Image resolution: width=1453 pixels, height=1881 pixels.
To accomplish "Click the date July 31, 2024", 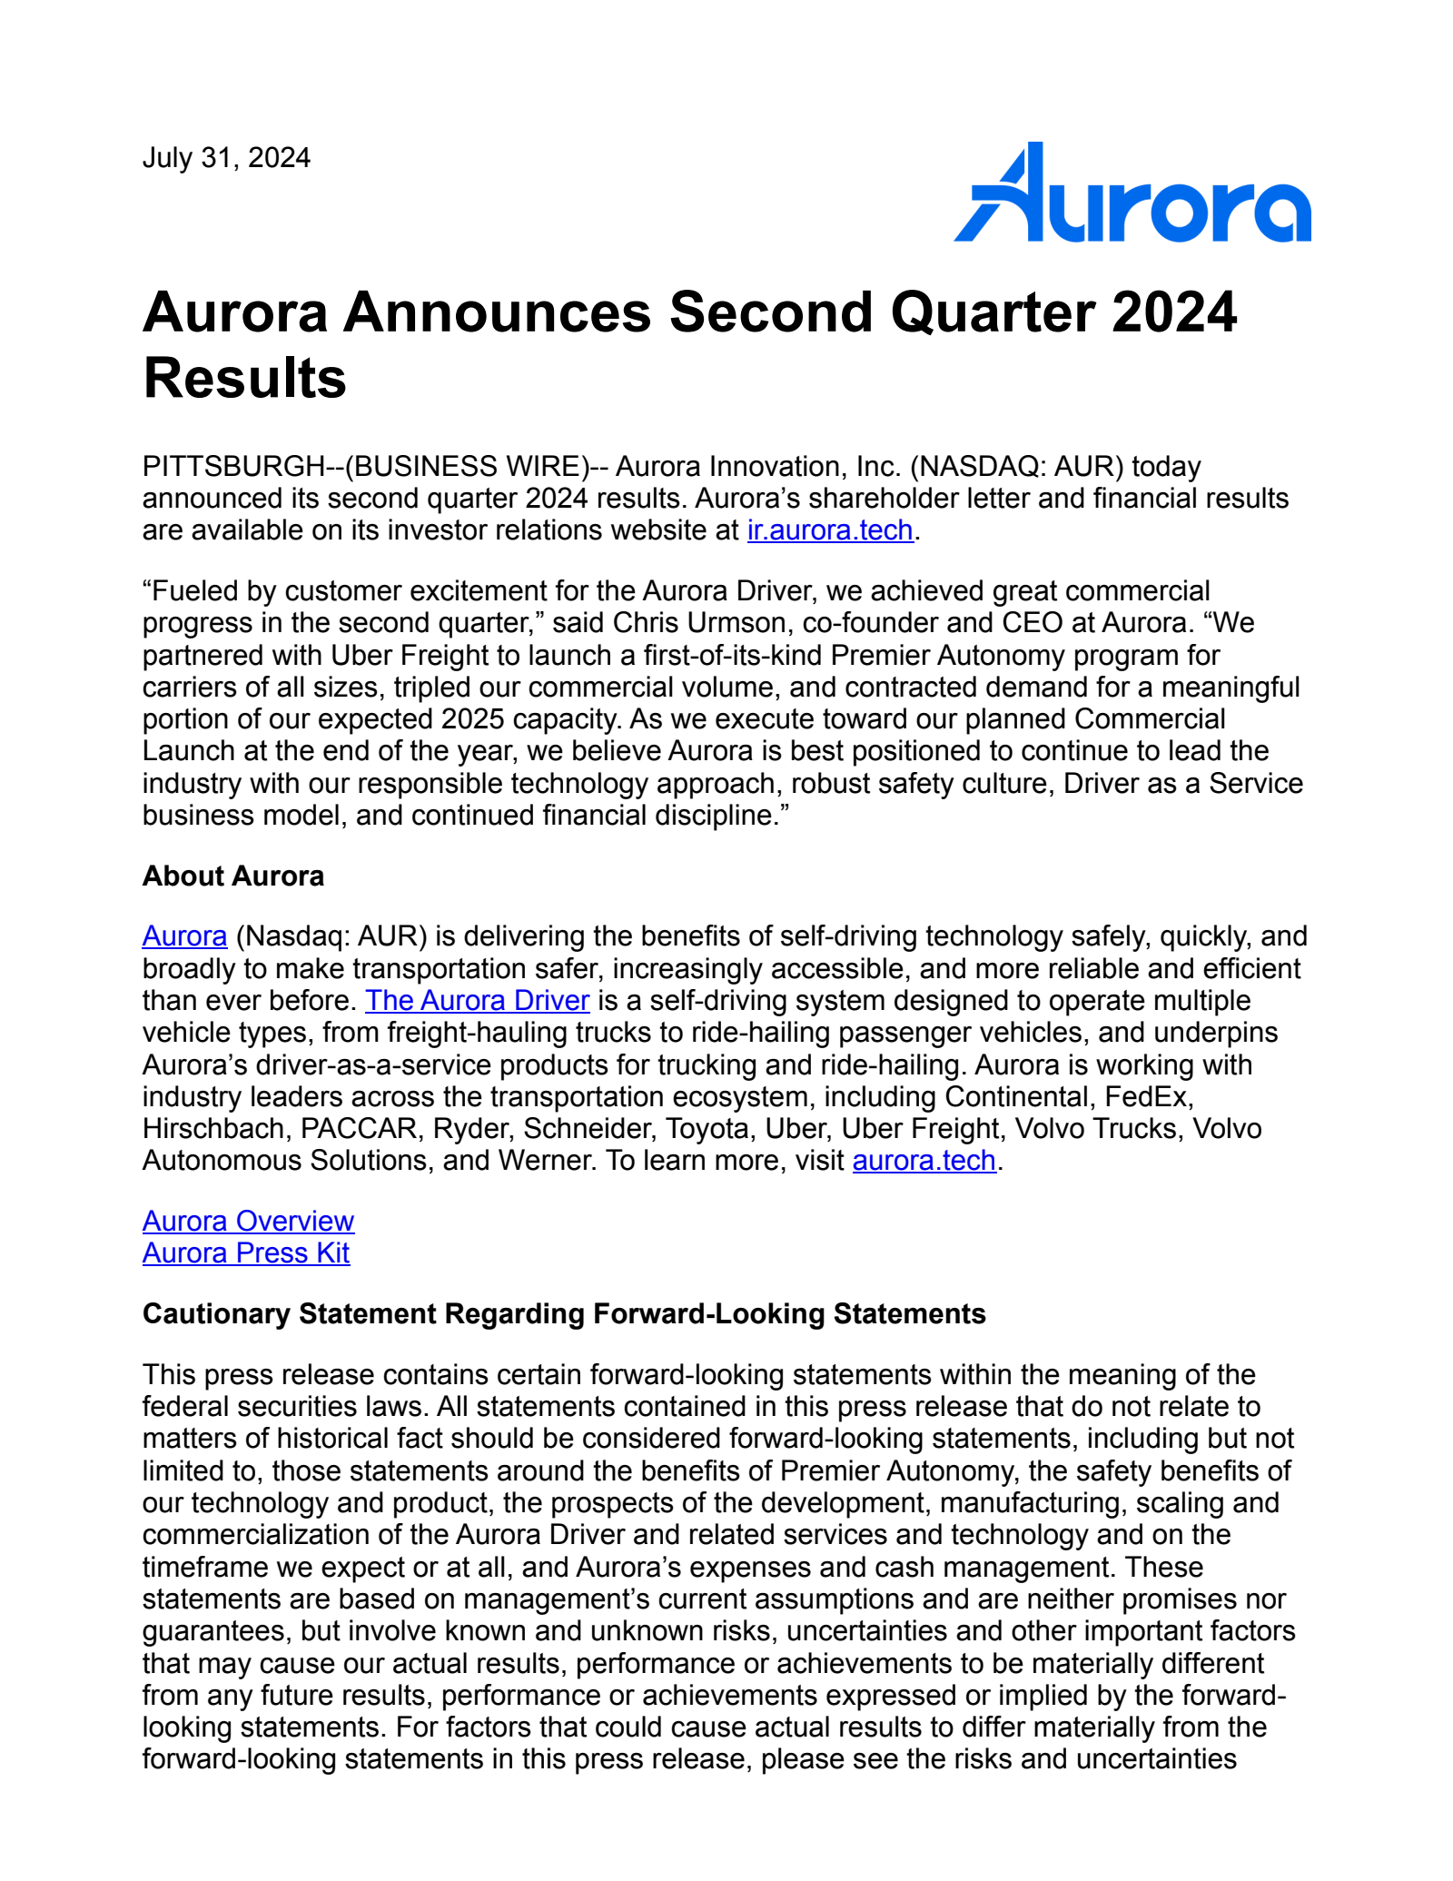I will coord(226,158).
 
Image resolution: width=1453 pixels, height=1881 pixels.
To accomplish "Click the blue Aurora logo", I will coord(1132,194).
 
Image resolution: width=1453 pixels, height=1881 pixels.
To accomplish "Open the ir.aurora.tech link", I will coord(829,530).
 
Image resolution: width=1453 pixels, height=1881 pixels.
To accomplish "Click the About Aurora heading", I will coord(232,876).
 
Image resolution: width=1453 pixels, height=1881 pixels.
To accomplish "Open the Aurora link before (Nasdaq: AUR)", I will coord(184,936).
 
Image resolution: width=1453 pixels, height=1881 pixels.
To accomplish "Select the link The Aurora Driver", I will coord(477,1000).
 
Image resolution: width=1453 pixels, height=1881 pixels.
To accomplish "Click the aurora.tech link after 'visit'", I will coord(924,1161).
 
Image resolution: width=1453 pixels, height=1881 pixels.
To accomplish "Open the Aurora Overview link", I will coord(248,1221).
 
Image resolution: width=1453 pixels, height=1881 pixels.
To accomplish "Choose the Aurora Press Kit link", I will coord(245,1252).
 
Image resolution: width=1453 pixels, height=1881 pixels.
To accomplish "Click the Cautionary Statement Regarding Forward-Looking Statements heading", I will coord(563,1313).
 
